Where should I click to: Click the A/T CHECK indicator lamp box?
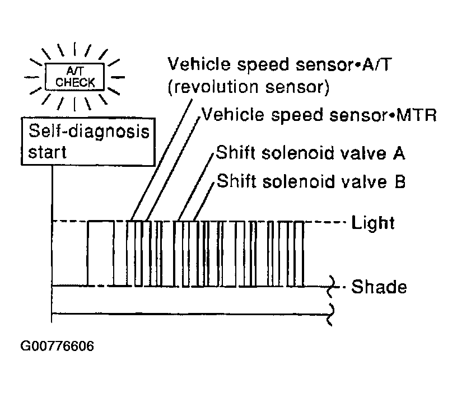[74, 77]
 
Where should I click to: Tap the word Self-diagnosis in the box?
[89, 131]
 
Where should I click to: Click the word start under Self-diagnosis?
[47, 152]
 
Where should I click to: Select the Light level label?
[373, 223]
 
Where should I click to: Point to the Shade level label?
[379, 287]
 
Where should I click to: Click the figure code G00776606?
[57, 346]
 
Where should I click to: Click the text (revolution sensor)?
[249, 87]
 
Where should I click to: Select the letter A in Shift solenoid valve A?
[399, 153]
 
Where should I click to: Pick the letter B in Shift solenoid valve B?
[400, 181]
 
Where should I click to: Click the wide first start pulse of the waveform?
[101, 254]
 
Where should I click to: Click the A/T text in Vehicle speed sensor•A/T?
[376, 64]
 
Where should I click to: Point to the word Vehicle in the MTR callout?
[232, 115]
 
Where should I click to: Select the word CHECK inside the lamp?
[75, 83]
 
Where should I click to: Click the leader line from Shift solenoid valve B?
[204, 202]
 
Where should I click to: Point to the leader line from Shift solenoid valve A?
[196, 187]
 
